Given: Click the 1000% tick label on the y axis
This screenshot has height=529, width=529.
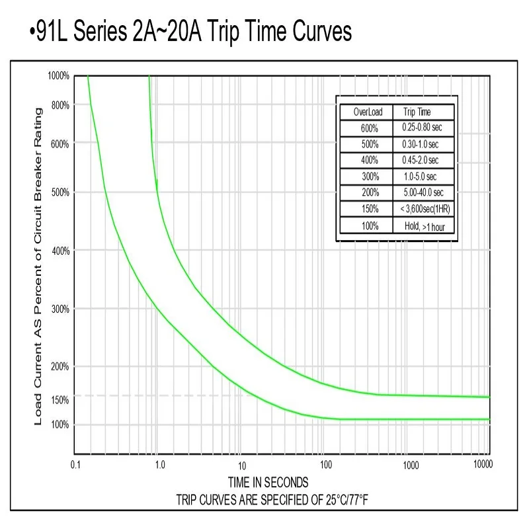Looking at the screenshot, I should click(x=58, y=76).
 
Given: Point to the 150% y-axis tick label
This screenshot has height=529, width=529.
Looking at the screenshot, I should click(x=60, y=400).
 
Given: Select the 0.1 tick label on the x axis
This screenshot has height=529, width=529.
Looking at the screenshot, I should click(x=75, y=465).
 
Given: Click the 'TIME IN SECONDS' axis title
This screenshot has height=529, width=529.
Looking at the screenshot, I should click(x=268, y=482).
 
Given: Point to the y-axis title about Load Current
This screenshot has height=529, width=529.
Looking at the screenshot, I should click(x=38, y=264).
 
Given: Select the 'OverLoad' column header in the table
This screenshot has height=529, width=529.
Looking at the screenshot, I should click(x=365, y=112).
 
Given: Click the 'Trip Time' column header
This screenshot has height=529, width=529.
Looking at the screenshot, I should click(x=417, y=112).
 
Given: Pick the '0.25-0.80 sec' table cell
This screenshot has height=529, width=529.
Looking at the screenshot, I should click(x=423, y=127).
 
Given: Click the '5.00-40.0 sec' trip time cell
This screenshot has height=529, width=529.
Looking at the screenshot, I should click(x=423, y=193).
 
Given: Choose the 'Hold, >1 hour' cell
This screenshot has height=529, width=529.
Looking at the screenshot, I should click(x=423, y=226).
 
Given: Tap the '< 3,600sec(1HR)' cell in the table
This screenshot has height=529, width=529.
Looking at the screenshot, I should click(x=423, y=210).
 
